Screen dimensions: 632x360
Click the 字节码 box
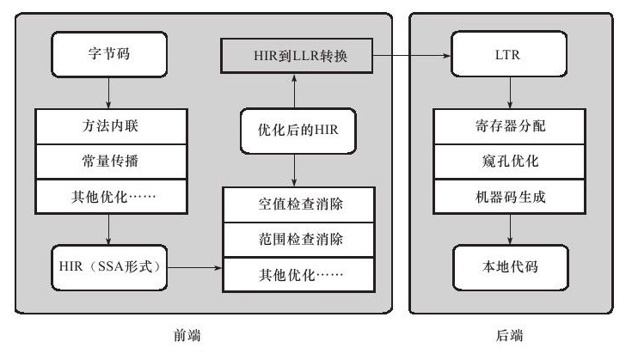pos(109,54)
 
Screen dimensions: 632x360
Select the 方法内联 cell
pos(111,126)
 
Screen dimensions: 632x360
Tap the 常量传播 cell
pos(111,162)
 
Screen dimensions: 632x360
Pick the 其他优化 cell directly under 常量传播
pos(111,197)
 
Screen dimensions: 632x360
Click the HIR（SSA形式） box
pos(109,267)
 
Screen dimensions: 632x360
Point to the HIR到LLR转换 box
pos(297,56)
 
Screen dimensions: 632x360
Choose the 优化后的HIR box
pos(298,131)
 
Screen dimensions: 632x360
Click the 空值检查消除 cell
pos(299,204)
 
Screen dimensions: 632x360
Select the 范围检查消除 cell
pos(299,240)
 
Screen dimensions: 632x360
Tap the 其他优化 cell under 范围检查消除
pos(299,275)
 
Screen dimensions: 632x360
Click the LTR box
pos(509,54)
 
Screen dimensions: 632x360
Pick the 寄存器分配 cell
pos(509,126)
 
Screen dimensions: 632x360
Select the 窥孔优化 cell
pos(509,162)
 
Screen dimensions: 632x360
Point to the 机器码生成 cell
pos(509,197)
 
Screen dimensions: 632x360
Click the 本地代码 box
pos(511,267)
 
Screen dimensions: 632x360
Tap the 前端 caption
pos(187,335)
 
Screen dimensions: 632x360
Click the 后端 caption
pos(509,335)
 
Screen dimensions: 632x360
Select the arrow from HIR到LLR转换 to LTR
pos(412,56)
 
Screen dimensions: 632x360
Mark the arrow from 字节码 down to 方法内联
pos(108,93)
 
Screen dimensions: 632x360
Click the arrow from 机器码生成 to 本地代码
pos(510,229)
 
